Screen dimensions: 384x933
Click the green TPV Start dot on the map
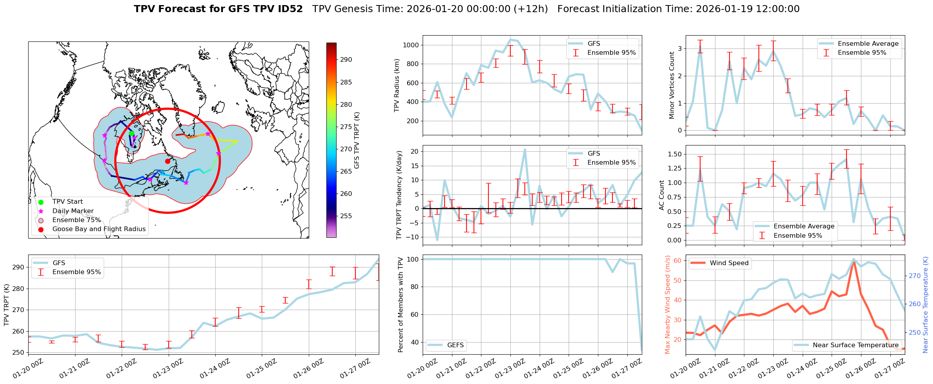[x=131, y=134]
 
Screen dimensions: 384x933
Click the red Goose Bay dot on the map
[x=168, y=161]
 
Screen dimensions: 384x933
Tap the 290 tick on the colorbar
[x=346, y=60]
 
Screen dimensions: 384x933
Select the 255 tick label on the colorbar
[x=346, y=216]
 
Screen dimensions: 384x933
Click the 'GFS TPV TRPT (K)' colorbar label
[x=357, y=140]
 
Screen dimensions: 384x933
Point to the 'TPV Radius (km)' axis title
[x=397, y=85]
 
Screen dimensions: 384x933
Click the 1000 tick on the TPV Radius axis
[x=411, y=45]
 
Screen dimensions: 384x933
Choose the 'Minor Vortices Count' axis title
[x=672, y=85]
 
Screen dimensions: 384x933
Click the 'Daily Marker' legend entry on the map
[x=73, y=211]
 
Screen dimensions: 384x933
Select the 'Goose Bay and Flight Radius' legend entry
[x=99, y=229]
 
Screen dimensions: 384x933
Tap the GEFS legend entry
[x=455, y=345]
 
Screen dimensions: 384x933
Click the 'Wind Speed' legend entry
[x=729, y=263]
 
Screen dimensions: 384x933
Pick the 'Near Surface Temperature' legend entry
[x=856, y=345]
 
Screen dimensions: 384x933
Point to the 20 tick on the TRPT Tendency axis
[x=414, y=152]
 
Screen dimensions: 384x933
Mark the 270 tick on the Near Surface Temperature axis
[x=915, y=276]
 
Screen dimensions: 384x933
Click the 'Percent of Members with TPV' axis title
[x=400, y=305]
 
